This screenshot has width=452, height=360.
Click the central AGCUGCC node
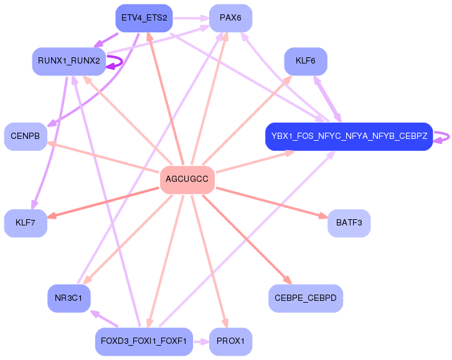point(187,179)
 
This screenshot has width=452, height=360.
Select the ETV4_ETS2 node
point(144,18)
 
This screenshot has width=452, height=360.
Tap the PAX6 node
point(230,18)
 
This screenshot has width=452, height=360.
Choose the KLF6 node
point(306,61)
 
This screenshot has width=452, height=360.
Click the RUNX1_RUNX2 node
point(69,61)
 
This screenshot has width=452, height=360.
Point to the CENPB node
point(26,136)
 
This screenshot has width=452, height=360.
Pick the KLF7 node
point(26,223)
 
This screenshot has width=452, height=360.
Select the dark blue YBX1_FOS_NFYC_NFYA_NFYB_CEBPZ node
point(349,136)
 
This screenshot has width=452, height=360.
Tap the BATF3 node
point(349,223)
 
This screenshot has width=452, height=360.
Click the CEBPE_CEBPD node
point(306,298)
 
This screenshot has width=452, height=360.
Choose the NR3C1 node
point(69,298)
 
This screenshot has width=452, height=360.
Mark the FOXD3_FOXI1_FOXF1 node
point(144,341)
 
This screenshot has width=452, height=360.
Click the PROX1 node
point(230,341)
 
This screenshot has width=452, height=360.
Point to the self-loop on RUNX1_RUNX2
point(122,62)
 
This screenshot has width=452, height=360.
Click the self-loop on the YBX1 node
point(449,136)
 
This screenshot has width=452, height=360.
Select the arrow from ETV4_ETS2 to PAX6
point(191,18)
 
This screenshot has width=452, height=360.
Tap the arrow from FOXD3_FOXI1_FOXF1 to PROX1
point(201,342)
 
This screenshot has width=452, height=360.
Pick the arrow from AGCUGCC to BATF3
point(272,202)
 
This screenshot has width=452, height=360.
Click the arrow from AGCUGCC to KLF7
point(103,202)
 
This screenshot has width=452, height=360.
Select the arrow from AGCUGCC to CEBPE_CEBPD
point(247,239)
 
